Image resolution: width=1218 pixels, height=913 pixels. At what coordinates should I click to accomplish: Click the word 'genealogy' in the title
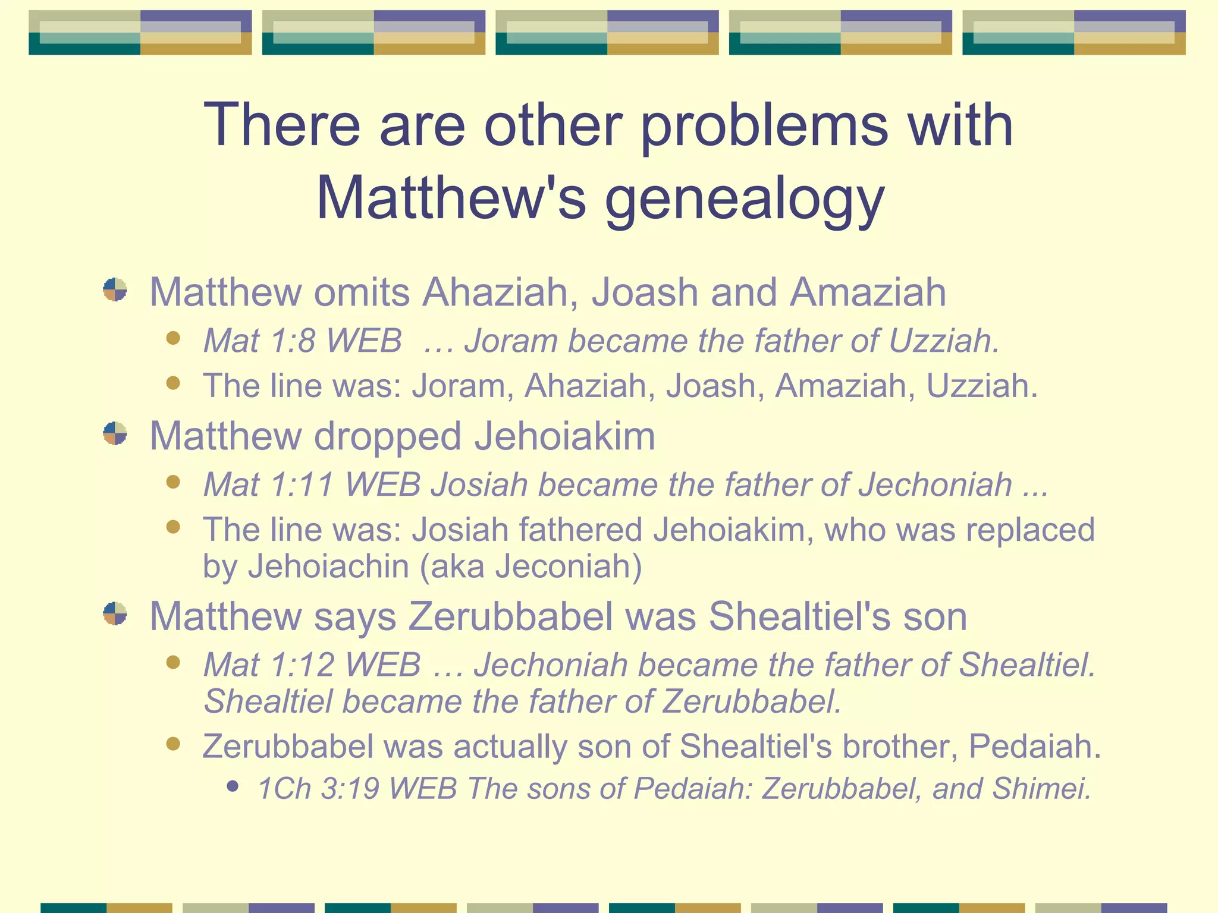point(745,199)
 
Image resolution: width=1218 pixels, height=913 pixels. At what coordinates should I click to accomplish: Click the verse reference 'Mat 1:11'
point(268,484)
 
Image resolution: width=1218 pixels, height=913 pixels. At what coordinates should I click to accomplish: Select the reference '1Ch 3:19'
point(318,789)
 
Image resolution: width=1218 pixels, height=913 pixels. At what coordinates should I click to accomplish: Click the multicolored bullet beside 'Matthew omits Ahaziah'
point(115,290)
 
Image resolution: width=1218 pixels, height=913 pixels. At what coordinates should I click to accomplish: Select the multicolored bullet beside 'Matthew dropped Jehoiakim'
point(115,434)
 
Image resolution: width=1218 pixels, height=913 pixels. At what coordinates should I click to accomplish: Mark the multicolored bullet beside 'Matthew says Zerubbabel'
point(115,614)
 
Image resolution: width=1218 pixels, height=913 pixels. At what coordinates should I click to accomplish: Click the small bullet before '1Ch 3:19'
point(233,786)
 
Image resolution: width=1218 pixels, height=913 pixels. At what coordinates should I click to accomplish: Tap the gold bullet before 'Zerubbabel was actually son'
point(173,744)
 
